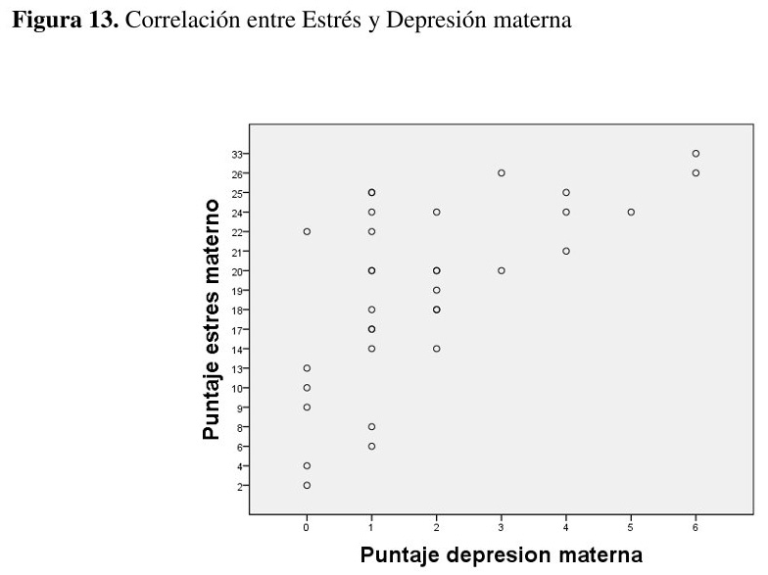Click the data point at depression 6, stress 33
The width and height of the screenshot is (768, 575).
click(x=696, y=154)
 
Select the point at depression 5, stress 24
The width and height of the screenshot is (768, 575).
click(x=631, y=212)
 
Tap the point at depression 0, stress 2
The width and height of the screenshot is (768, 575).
click(x=307, y=485)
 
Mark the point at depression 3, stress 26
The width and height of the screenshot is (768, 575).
click(x=502, y=173)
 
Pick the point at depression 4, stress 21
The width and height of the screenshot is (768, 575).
click(x=566, y=251)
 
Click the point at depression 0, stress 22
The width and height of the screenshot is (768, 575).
click(x=307, y=231)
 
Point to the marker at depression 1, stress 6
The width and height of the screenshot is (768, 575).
click(x=371, y=446)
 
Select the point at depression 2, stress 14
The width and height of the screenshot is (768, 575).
click(x=437, y=348)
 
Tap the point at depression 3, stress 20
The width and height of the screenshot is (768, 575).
click(x=502, y=270)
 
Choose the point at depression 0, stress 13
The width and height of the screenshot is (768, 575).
click(x=307, y=368)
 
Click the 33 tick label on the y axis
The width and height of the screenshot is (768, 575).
click(x=237, y=154)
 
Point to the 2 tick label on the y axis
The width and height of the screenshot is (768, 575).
click(x=239, y=485)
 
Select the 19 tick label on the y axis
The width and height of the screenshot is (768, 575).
click(x=237, y=290)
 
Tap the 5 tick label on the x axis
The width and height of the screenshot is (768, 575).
click(x=631, y=527)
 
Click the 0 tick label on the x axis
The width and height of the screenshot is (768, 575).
click(x=307, y=527)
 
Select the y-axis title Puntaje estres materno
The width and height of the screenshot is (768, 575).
click(x=211, y=319)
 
